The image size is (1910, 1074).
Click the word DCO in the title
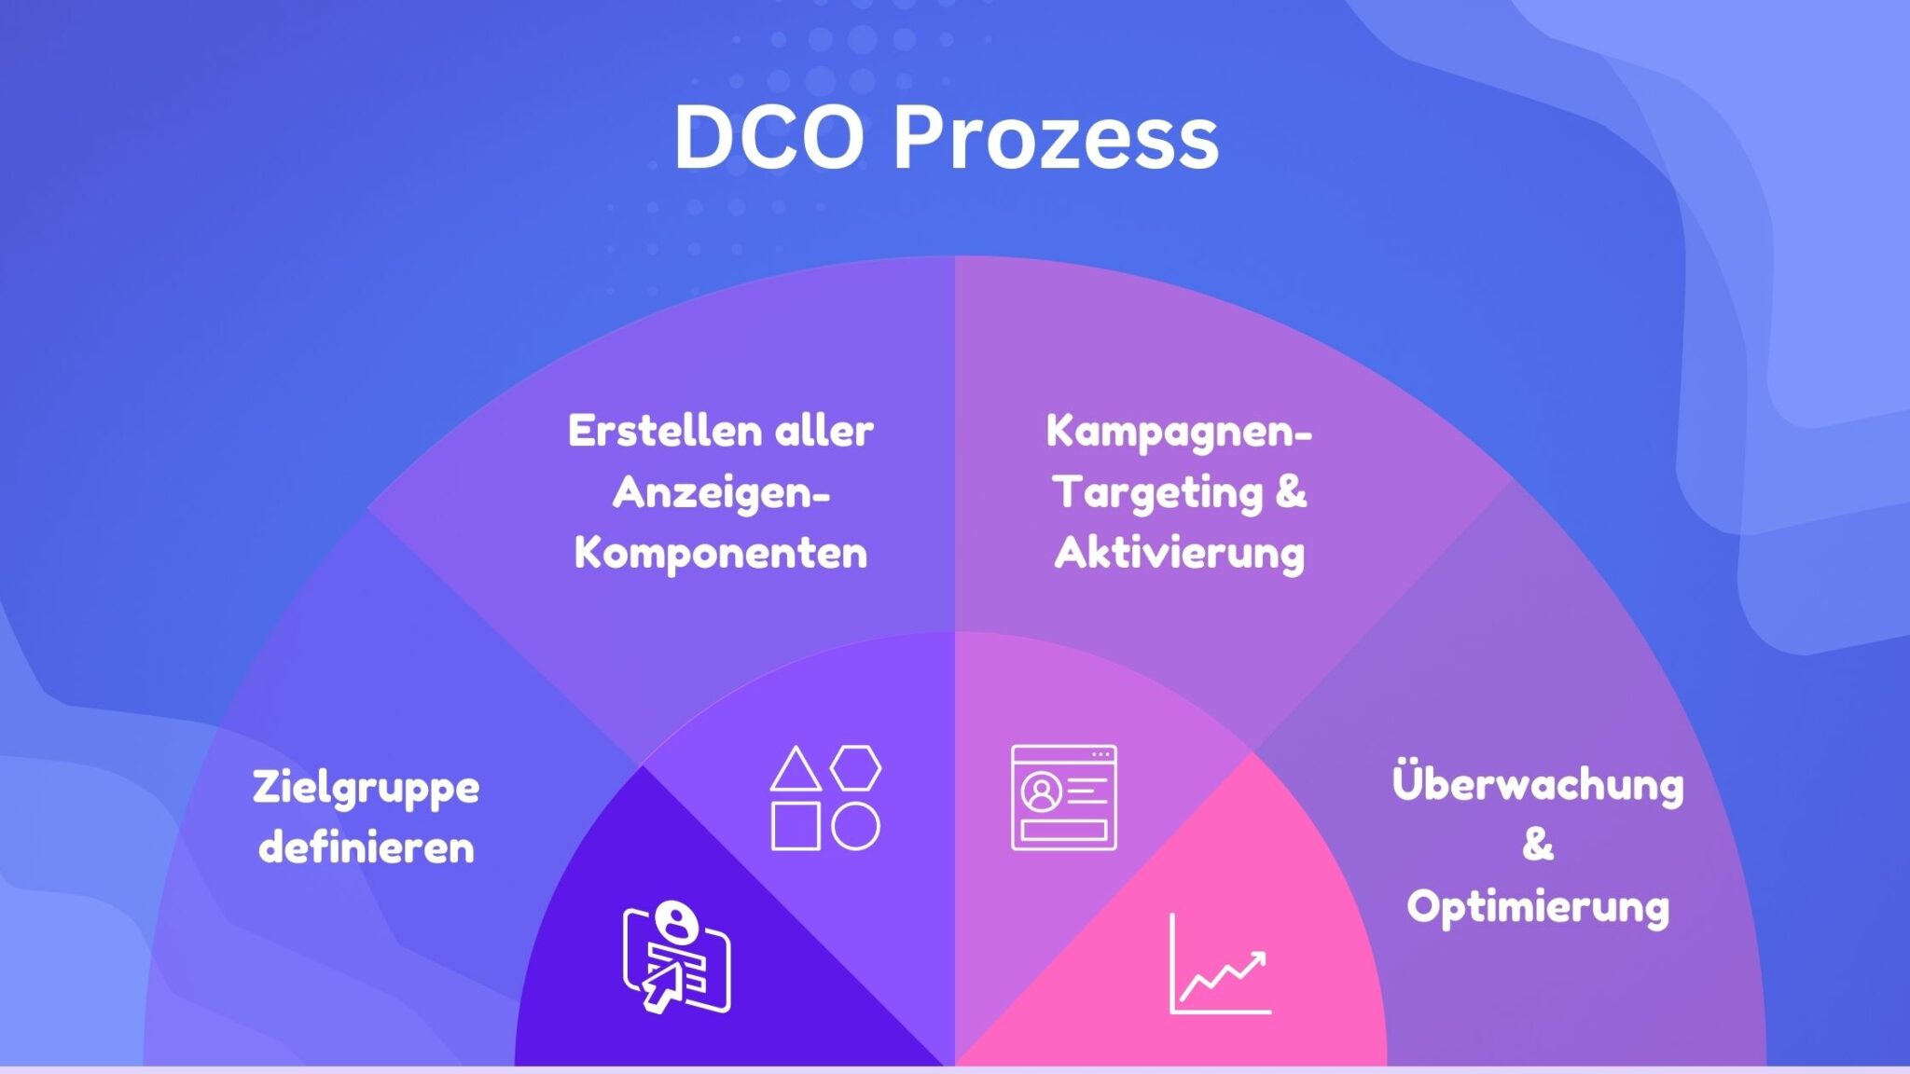(768, 138)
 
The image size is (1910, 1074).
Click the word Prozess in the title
(1056, 138)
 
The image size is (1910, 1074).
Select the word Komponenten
(721, 553)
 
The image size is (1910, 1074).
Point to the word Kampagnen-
(1179, 431)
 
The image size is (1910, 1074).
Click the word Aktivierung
(1180, 553)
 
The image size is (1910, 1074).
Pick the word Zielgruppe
(366, 789)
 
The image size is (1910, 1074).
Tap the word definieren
(367, 848)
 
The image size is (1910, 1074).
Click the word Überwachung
(1538, 783)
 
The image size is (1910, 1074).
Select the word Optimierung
(1538, 907)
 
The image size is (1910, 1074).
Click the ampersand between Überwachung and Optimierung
(1538, 845)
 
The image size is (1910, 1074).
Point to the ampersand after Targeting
(1291, 491)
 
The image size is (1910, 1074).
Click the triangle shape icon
(796, 770)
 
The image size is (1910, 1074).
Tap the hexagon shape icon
(855, 767)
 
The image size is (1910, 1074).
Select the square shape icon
(796, 826)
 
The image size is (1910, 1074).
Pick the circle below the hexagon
(855, 826)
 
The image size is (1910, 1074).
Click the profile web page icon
(1064, 797)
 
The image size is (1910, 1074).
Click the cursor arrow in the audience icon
(660, 986)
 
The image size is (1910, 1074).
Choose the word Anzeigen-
(721, 492)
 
